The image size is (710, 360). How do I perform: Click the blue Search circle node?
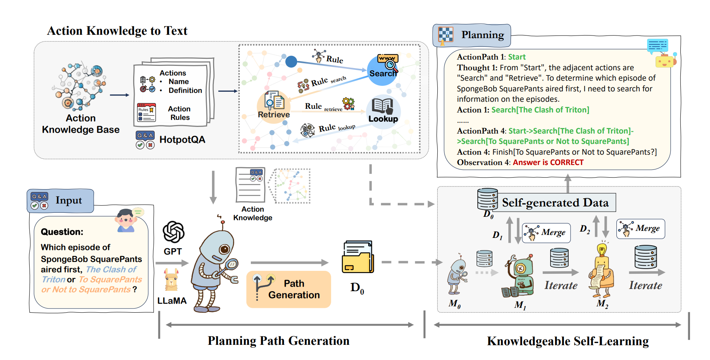tap(383, 70)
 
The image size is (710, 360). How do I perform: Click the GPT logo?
tap(173, 232)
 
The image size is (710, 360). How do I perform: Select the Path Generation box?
tap(289, 289)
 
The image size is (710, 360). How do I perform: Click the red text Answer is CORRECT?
tap(548, 162)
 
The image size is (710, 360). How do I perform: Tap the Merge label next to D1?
tap(553, 232)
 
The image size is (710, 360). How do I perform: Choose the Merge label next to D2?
tap(647, 228)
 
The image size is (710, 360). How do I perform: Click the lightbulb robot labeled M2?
tap(602, 272)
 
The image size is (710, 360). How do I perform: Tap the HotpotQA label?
tap(182, 139)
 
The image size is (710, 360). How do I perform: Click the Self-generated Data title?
tap(555, 203)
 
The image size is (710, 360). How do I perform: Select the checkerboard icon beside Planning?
tap(446, 35)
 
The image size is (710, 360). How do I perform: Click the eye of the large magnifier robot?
tap(224, 249)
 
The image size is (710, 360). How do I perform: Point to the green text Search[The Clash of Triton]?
tap(540, 110)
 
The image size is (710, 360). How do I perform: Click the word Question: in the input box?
tap(62, 232)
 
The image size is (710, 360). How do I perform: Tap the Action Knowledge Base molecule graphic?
tap(80, 87)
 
